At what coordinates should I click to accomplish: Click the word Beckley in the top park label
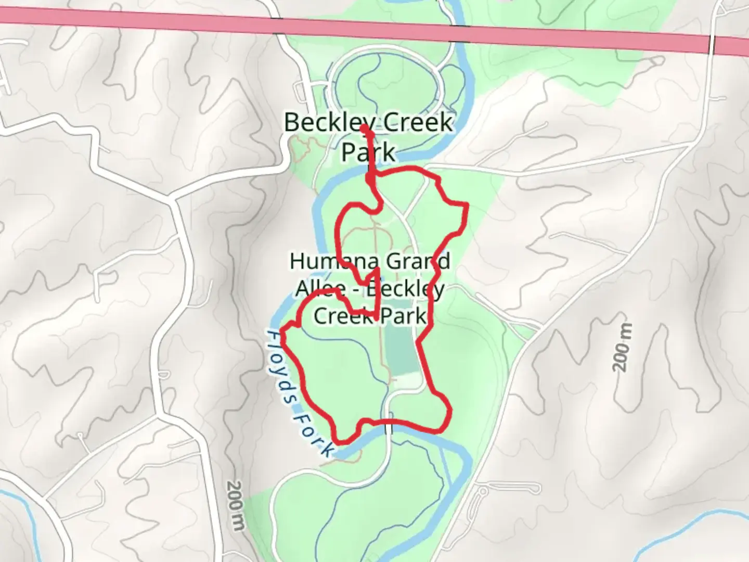coord(325,123)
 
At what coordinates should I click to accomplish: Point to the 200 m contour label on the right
coord(623,347)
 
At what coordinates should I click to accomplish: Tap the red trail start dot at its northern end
coord(365,128)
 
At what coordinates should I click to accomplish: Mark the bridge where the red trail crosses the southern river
coord(389,428)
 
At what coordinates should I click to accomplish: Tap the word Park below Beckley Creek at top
coord(367,153)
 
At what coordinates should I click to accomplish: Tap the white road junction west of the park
coord(174,198)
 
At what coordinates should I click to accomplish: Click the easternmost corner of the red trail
coord(468,206)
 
